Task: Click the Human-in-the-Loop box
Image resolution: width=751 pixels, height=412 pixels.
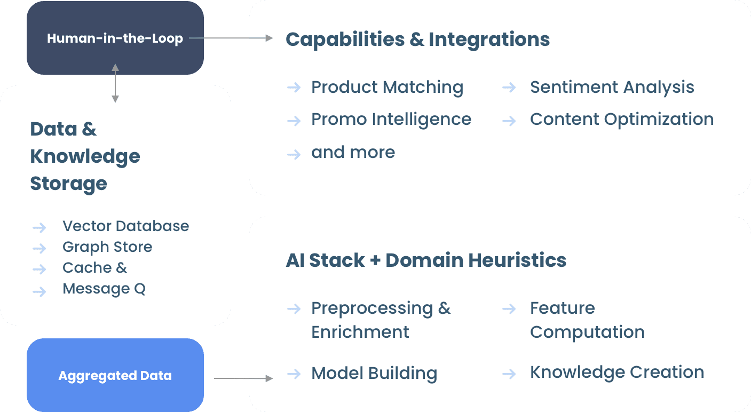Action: click(x=115, y=38)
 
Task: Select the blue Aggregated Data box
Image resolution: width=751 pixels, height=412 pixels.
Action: click(x=115, y=376)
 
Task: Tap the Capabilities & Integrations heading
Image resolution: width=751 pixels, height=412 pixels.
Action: click(x=417, y=39)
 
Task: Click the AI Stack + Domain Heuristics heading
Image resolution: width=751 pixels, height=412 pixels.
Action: click(x=426, y=260)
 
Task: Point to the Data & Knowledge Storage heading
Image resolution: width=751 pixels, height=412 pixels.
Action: click(x=85, y=156)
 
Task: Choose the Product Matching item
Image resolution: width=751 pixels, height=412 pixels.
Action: click(x=387, y=87)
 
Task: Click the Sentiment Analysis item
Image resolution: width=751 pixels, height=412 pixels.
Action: click(x=612, y=87)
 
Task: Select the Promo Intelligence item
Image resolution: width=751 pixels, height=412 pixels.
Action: click(x=391, y=119)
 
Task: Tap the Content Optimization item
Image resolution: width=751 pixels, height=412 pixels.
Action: click(x=621, y=119)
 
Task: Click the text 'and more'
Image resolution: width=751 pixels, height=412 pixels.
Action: click(x=353, y=152)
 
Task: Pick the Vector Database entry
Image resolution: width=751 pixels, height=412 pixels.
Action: click(x=125, y=226)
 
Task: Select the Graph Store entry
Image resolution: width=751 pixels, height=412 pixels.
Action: click(x=107, y=247)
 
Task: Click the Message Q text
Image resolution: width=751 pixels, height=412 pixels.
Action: click(x=104, y=289)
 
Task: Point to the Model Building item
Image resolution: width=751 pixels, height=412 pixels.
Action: click(x=374, y=373)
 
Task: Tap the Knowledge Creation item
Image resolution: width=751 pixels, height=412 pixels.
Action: click(x=616, y=372)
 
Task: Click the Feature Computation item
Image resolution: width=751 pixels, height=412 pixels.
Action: click(x=587, y=320)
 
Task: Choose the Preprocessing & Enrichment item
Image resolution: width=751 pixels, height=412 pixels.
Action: click(x=381, y=320)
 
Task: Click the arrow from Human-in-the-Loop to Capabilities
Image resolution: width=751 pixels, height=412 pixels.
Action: click(x=231, y=38)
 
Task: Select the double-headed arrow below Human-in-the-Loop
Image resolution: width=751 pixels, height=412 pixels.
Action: click(x=115, y=83)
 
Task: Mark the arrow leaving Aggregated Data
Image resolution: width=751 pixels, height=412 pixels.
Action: click(x=243, y=378)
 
